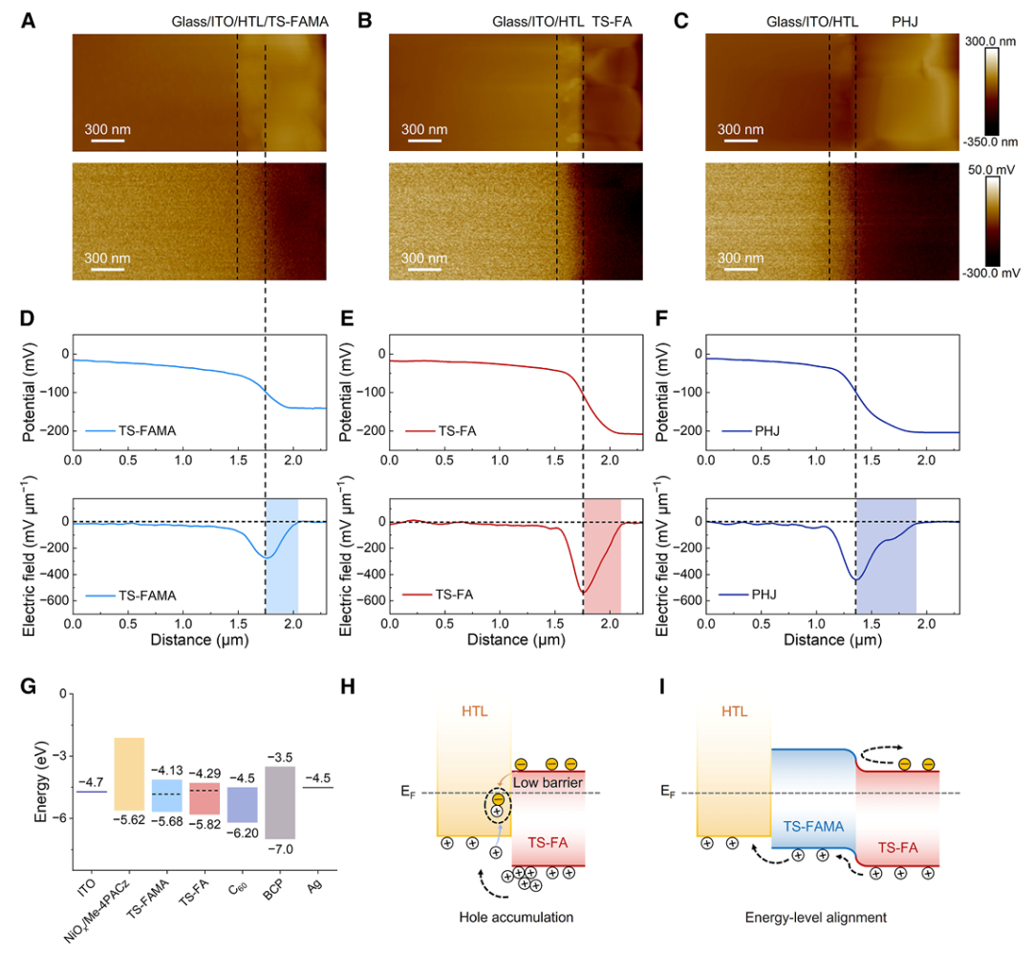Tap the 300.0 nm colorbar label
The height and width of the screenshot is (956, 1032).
[996, 42]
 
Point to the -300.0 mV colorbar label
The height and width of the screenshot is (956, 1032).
[996, 272]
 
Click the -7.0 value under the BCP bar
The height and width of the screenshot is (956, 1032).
[279, 849]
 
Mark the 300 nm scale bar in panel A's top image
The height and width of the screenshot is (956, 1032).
[108, 141]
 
